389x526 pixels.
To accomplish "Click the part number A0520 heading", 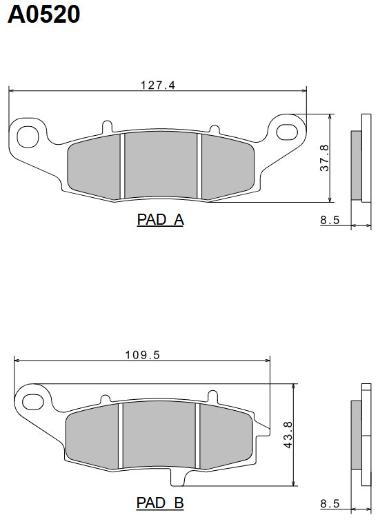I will [x=44, y=14].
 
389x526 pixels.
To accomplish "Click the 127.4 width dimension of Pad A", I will [x=158, y=85].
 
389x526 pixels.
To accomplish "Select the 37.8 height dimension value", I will [x=323, y=158].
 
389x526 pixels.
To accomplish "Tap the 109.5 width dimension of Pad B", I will [x=142, y=354].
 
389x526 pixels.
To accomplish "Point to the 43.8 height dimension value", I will [x=288, y=435].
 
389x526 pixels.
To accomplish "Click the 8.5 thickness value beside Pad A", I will [x=330, y=221].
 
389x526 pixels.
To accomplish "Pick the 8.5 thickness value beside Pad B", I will [x=330, y=504].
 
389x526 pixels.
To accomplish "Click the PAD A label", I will [x=160, y=220].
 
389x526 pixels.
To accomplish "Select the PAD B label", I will [x=160, y=503].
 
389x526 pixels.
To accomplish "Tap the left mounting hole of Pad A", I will [x=28, y=134].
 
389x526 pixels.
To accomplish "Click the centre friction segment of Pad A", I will [x=160, y=165].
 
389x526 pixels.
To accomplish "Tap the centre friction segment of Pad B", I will [x=159, y=437].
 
